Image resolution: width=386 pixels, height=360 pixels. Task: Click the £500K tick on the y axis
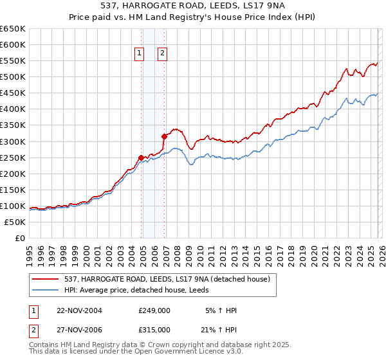(x=14, y=77)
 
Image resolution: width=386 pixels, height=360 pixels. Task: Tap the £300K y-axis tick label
(x=14, y=141)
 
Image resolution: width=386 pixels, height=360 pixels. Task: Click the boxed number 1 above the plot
(x=139, y=54)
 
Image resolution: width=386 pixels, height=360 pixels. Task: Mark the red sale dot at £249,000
(x=142, y=157)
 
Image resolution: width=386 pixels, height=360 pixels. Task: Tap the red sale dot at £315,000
(x=164, y=136)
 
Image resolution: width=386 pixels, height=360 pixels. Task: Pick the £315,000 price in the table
(x=154, y=329)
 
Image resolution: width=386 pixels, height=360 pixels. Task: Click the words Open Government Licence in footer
(x=179, y=353)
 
